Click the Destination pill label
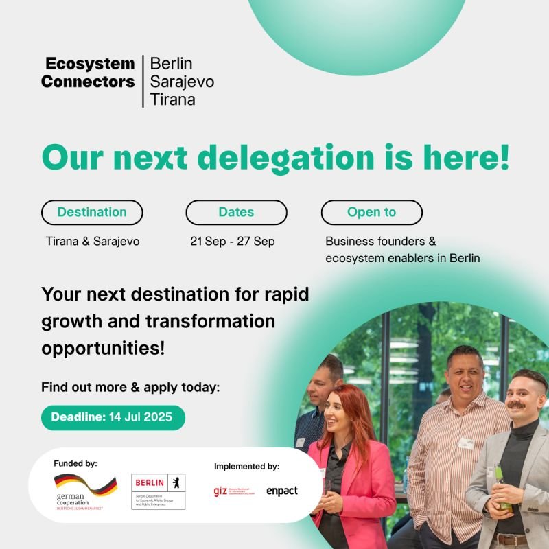coord(92,213)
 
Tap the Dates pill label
coord(236,213)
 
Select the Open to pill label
coord(371,213)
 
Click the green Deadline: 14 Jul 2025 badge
coord(113,417)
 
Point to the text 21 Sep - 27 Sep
coord(233,242)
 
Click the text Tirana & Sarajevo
coord(93,242)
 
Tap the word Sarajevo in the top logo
coord(182,82)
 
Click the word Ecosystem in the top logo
coord(90,64)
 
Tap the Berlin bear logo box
coord(158,491)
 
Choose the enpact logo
coord(281,491)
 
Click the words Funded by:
coord(75,464)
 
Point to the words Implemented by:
coord(246,467)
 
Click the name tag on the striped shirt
coord(467,444)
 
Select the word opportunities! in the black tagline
coord(103,347)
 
